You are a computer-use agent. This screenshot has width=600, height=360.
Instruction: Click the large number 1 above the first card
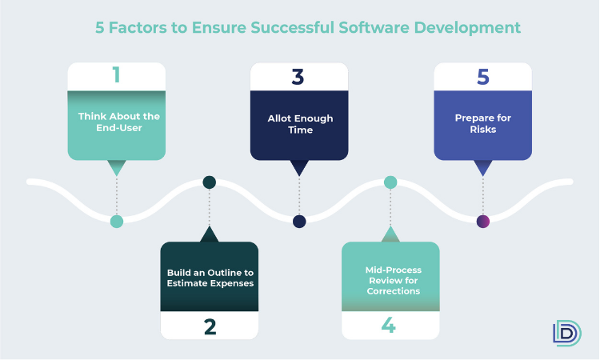click(117, 74)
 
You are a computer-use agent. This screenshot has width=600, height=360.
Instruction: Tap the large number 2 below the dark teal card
click(210, 327)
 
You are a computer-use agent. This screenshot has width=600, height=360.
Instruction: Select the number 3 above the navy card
click(298, 77)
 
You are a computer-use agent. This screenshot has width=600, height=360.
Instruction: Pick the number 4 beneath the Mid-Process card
click(388, 325)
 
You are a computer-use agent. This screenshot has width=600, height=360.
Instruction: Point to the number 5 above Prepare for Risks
click(483, 77)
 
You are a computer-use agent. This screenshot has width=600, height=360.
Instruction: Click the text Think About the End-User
click(119, 122)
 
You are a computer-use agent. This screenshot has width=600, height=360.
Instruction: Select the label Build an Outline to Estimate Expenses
click(210, 278)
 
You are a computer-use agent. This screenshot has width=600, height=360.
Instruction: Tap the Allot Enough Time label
click(300, 124)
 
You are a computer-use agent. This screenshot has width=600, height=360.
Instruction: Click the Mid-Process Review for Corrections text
click(394, 281)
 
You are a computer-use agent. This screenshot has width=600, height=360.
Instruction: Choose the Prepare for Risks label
click(483, 123)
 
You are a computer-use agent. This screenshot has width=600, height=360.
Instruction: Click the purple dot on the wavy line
click(483, 222)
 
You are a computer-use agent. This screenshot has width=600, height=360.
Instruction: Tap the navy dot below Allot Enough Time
click(299, 222)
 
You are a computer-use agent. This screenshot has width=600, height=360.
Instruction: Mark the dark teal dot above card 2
click(210, 182)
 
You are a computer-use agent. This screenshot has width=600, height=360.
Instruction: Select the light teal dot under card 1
click(117, 222)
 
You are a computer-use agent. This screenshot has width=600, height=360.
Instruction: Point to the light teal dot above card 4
click(390, 182)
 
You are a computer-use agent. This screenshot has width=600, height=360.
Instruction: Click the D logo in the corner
click(567, 333)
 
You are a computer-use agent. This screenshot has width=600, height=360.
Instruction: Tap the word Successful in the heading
click(292, 27)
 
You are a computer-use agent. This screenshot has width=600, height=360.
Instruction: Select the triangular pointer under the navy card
click(299, 168)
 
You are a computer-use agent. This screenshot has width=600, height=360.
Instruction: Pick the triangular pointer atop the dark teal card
click(210, 234)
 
